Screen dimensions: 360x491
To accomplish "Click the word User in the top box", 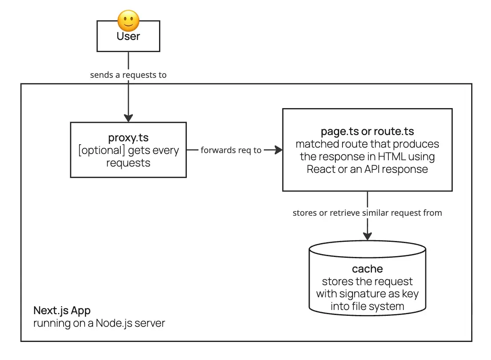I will click(x=128, y=37).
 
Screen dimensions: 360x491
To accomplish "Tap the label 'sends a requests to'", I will click(x=128, y=75).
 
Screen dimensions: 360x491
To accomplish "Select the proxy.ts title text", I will click(x=128, y=138).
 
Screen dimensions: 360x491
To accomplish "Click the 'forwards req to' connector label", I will click(x=231, y=150).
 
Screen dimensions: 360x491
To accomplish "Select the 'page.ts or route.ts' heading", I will click(x=367, y=132).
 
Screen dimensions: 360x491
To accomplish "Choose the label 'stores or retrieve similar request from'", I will click(x=367, y=213).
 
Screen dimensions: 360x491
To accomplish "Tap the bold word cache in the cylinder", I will click(x=367, y=269).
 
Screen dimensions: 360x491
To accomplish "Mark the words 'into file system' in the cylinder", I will click(x=367, y=306).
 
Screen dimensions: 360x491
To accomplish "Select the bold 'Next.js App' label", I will click(x=62, y=311).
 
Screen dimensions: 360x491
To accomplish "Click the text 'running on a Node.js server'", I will click(x=99, y=323).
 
